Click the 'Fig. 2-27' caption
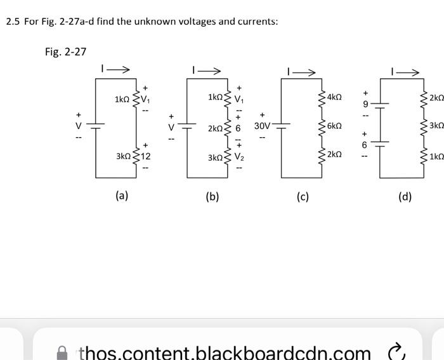pyautogui.click(x=65, y=52)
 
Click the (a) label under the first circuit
pyautogui.click(x=121, y=196)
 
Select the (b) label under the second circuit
pyautogui.click(x=212, y=196)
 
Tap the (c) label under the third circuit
pyautogui.click(x=303, y=196)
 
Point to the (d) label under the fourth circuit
pyautogui.click(x=405, y=196)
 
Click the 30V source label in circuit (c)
pyautogui.click(x=263, y=126)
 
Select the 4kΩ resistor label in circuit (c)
pyautogui.click(x=334, y=97)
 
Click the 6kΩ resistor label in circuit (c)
pyautogui.click(x=334, y=126)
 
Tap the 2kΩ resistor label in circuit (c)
pyautogui.click(x=334, y=155)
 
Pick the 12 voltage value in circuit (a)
pyautogui.click(x=146, y=156)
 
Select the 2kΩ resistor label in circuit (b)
pyautogui.click(x=216, y=128)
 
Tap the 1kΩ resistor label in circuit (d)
pyautogui.click(x=436, y=156)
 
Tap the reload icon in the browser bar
pyautogui.click(x=395, y=351)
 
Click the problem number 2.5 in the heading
pyautogui.click(x=13, y=22)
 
